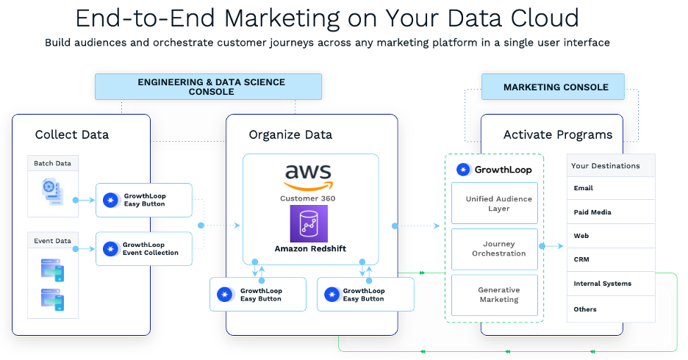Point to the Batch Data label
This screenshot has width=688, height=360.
(x=53, y=163)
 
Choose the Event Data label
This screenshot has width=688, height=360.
(x=53, y=241)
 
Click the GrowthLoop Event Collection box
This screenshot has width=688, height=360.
(x=144, y=249)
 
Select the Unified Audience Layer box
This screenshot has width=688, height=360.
(x=498, y=204)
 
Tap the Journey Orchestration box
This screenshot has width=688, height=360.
(x=498, y=249)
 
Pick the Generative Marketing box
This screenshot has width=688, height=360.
(x=498, y=295)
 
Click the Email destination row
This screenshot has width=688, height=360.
(x=610, y=188)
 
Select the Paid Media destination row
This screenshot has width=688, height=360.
(x=610, y=212)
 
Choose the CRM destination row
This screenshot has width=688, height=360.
(x=610, y=259)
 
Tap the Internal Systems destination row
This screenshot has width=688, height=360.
(x=610, y=284)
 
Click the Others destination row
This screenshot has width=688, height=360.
(x=610, y=309)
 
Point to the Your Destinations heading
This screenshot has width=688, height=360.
(x=606, y=166)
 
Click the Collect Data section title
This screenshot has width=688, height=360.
(x=72, y=134)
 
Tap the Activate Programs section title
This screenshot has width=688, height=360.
(x=558, y=134)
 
